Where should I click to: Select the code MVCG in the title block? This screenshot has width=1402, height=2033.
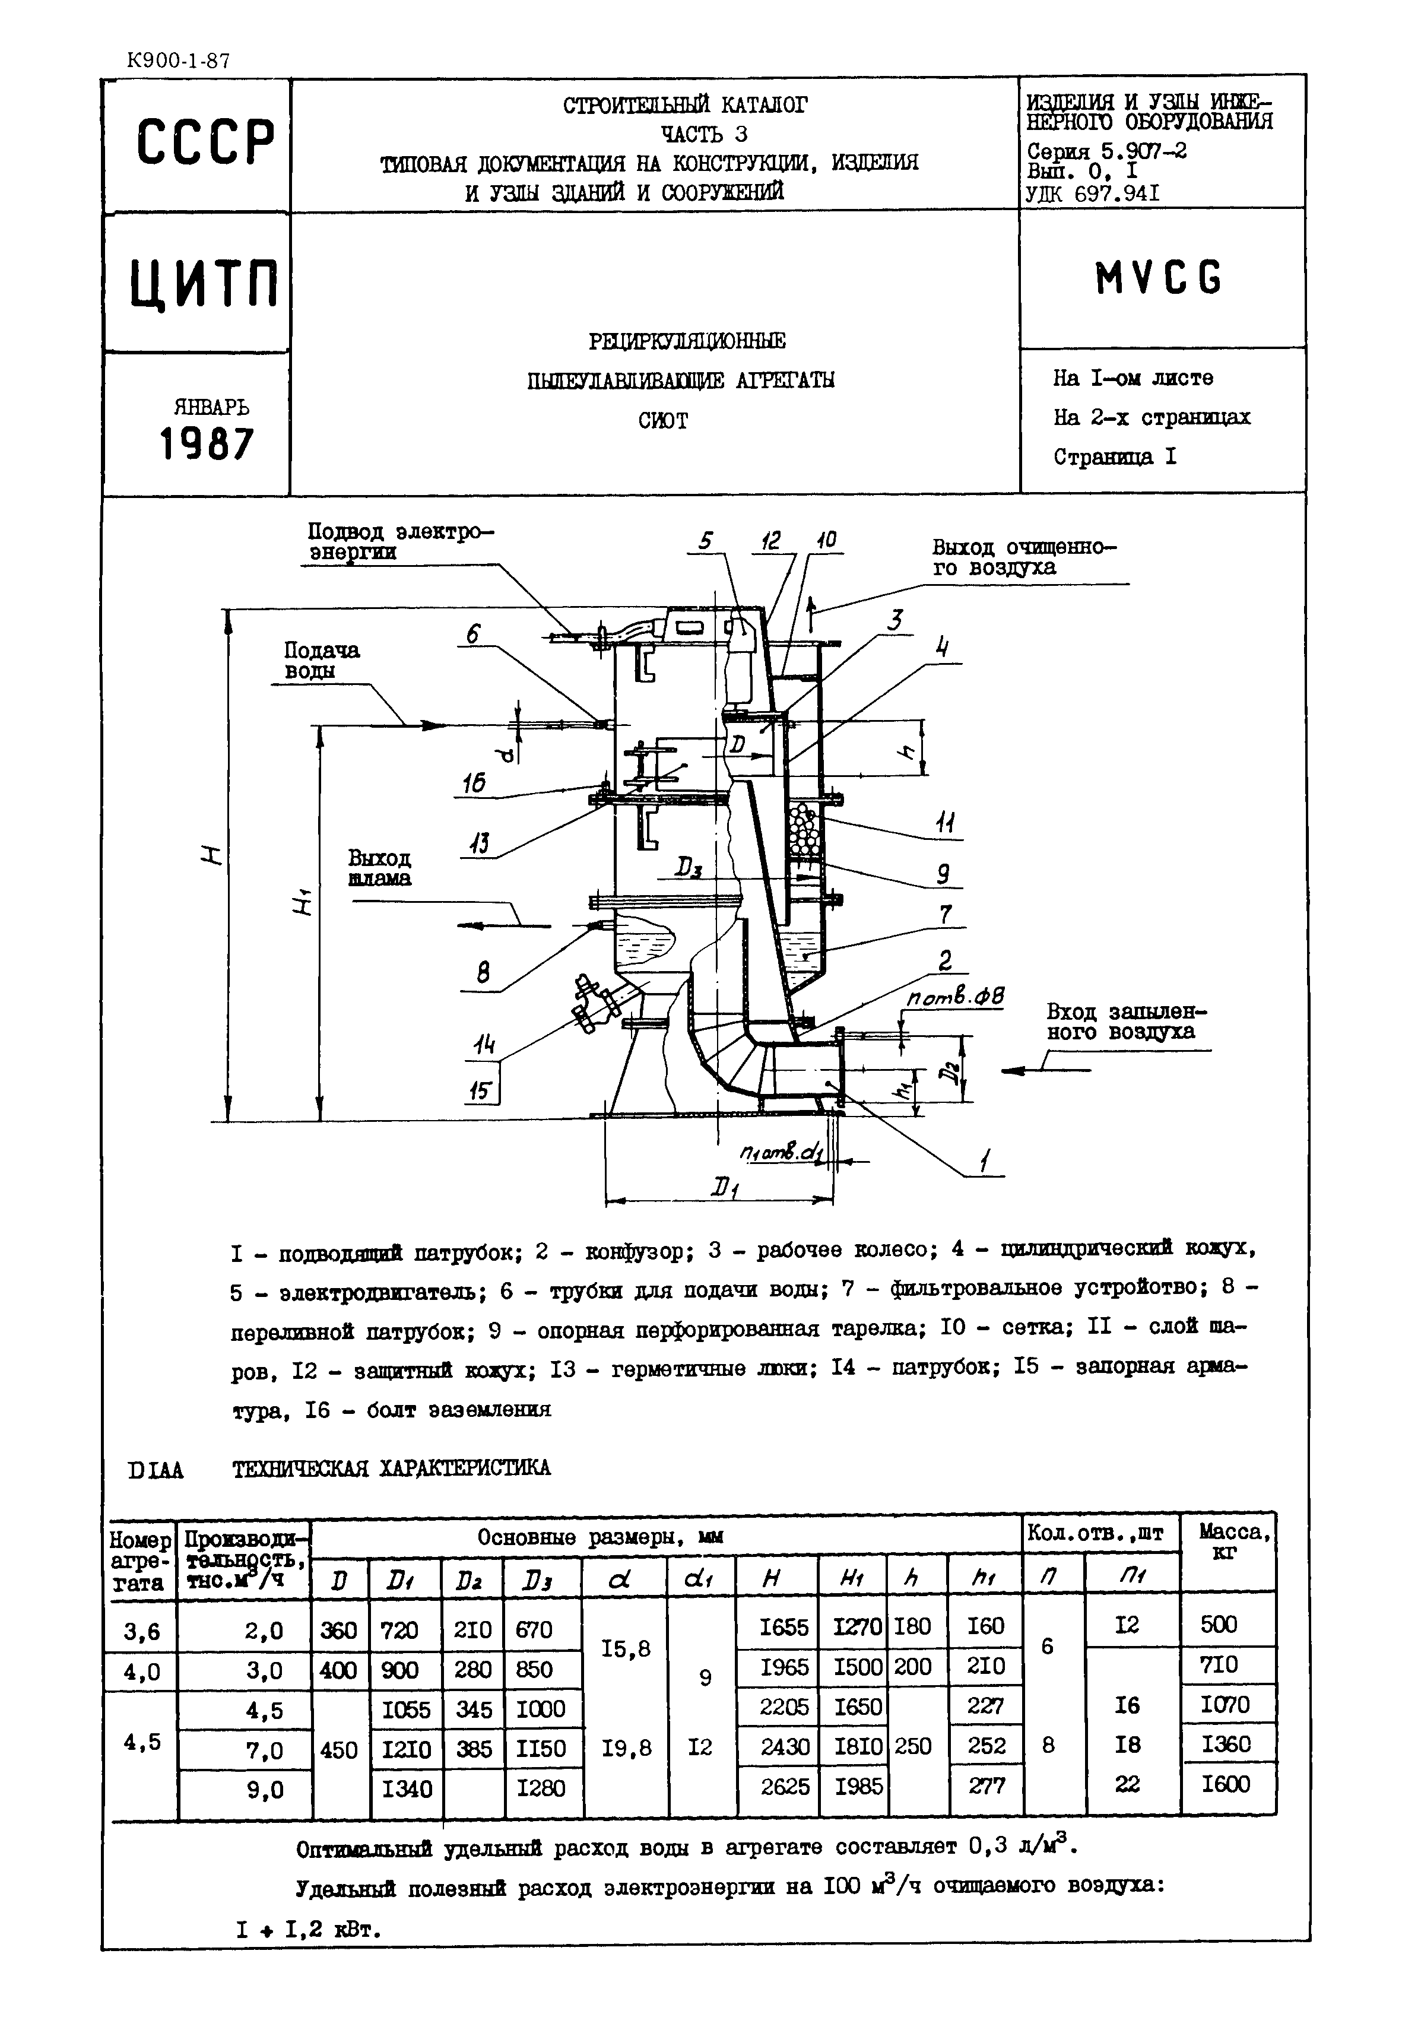[x=1158, y=280]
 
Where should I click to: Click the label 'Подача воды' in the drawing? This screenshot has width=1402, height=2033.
[x=322, y=661]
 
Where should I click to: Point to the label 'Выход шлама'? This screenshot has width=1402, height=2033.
[x=379, y=868]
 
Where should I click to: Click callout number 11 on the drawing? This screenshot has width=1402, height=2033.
[x=944, y=823]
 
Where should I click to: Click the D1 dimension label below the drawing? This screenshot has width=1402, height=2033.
[x=723, y=1191]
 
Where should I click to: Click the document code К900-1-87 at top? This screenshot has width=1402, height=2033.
[x=179, y=61]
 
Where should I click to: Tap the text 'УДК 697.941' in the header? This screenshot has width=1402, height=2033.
[x=1092, y=194]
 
